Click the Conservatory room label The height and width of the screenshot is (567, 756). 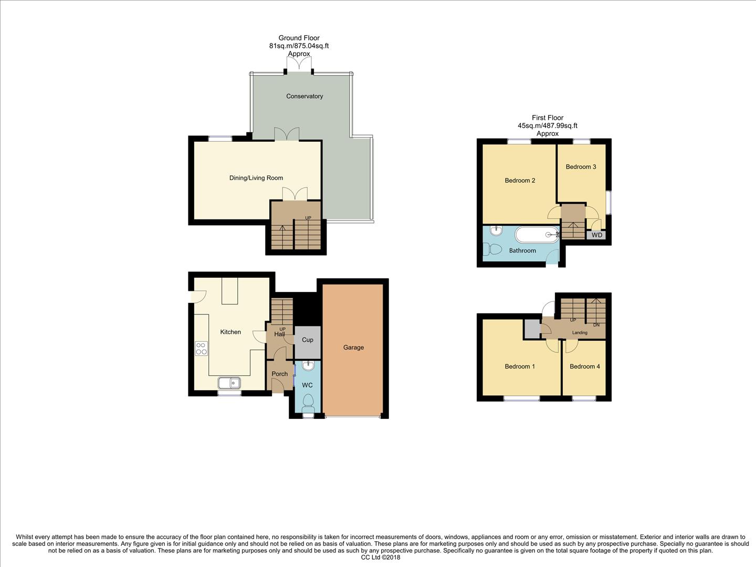[x=304, y=96]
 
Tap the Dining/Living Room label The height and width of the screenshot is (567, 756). [x=256, y=178]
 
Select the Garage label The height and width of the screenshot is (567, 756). [x=353, y=348]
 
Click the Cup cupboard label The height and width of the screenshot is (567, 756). [x=308, y=340]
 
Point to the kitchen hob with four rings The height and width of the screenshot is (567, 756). [x=201, y=348]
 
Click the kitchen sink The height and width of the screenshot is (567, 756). [x=229, y=383]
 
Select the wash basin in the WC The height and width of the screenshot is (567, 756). [x=308, y=365]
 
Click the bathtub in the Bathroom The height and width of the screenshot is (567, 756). [x=537, y=235]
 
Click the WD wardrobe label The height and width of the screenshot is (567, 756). [x=597, y=235]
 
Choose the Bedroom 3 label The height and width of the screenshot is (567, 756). [x=581, y=167]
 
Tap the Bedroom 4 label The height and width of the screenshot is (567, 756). [x=584, y=366]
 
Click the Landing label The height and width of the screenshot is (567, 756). [x=580, y=333]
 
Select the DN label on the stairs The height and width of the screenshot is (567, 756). [x=596, y=325]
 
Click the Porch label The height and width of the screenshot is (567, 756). [x=279, y=374]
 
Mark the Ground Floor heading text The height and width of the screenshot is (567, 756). [x=299, y=38]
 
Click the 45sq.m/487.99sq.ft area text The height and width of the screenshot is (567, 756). [x=548, y=125]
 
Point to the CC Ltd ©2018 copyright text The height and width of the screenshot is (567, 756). [x=380, y=558]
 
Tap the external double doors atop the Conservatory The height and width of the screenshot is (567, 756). [x=299, y=64]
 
